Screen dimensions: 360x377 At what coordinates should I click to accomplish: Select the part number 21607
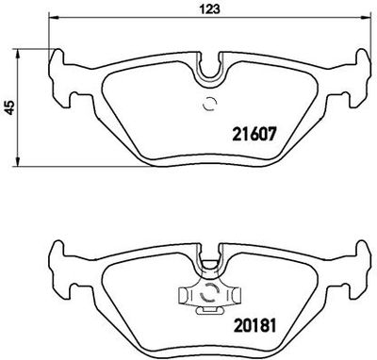(x=253, y=134)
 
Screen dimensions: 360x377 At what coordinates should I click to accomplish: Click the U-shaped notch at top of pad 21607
(x=210, y=67)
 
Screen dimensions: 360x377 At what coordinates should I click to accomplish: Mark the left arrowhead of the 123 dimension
(x=52, y=20)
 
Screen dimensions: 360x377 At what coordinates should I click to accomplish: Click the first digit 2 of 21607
(x=236, y=134)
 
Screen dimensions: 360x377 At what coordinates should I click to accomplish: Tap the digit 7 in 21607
(x=270, y=134)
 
